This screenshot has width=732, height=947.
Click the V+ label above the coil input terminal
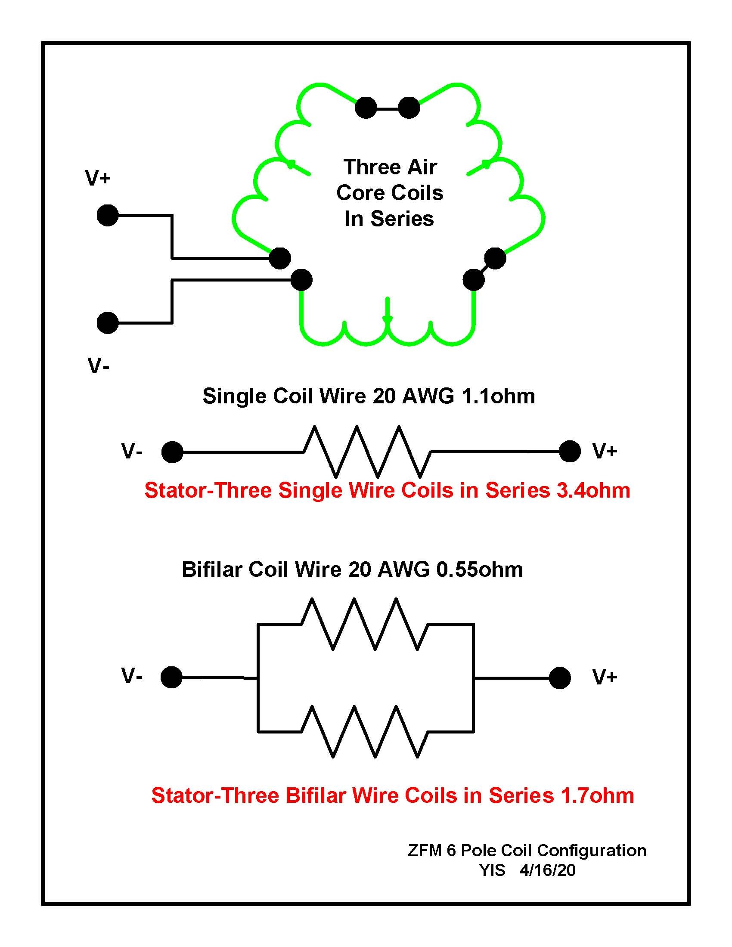(98, 178)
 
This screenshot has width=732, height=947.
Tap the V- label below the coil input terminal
(99, 365)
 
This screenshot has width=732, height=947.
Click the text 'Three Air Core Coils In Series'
(390, 192)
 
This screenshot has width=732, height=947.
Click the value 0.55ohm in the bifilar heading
(480, 569)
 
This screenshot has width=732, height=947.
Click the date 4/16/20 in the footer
(548, 870)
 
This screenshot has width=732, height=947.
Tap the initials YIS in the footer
(493, 870)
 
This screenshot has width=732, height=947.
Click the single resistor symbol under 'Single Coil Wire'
(367, 452)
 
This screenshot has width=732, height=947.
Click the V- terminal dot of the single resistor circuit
(172, 452)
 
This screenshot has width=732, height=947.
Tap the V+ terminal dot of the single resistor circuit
(570, 452)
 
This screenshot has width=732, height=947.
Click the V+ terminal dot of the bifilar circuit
(560, 678)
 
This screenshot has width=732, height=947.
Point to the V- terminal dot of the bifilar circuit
(171, 677)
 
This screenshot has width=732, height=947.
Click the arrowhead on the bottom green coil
(387, 319)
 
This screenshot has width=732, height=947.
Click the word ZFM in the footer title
(425, 850)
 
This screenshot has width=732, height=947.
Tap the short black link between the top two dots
(387, 108)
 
